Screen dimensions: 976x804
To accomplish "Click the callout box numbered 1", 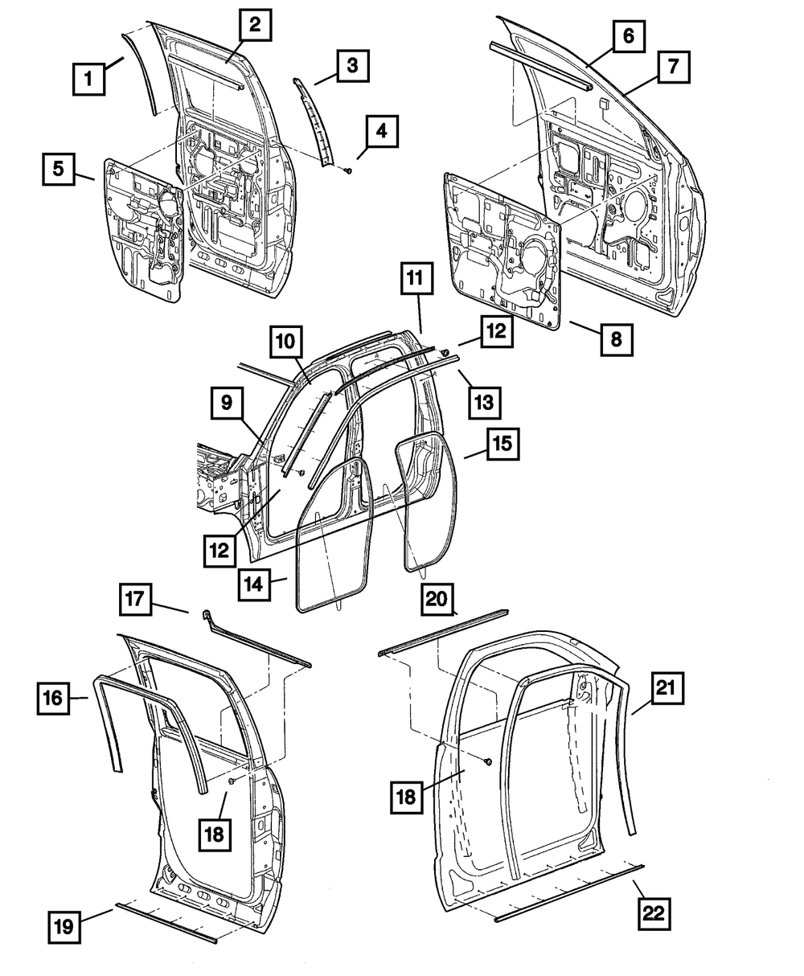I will coord(89,80).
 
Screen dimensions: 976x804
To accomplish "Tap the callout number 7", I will coord(671,68).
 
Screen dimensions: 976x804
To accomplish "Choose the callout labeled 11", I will coord(415,281).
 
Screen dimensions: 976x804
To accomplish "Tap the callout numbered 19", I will coord(64,926).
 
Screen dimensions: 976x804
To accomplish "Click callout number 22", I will coord(654,912).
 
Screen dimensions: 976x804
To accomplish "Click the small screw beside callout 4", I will coord(347,170).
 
